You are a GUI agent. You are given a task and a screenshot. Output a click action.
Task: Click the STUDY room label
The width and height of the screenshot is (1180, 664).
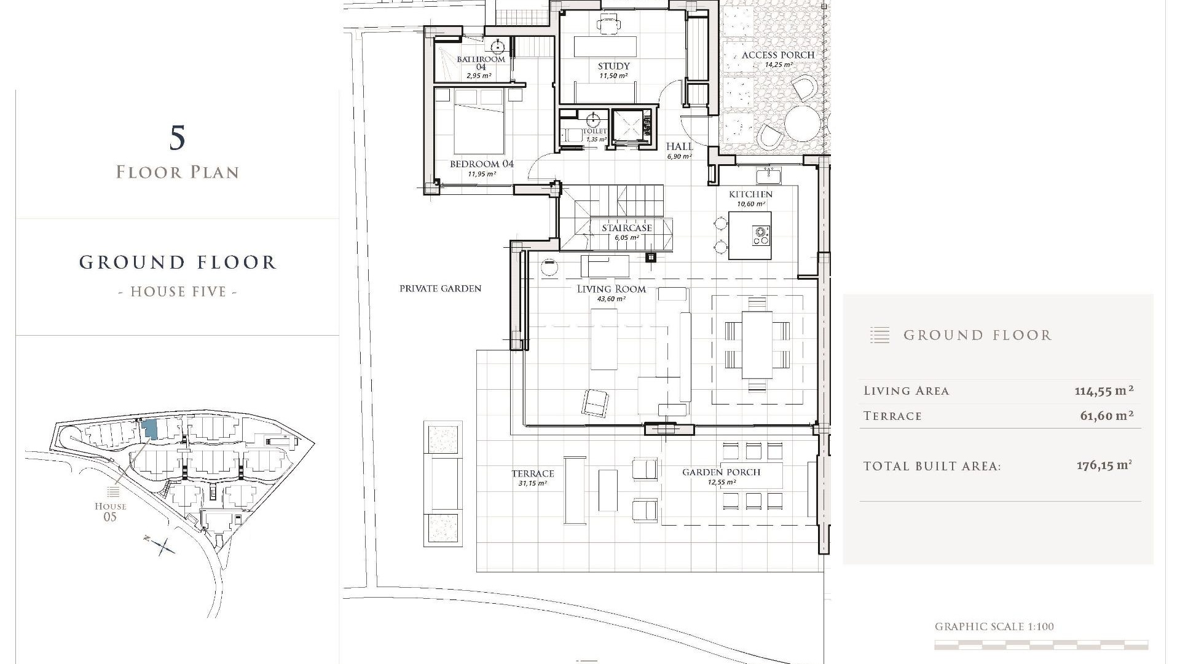pos(614,66)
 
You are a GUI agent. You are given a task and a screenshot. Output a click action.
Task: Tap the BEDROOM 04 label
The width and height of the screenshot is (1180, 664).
pos(482,164)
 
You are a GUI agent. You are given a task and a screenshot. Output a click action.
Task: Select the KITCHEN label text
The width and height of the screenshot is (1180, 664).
pos(750,194)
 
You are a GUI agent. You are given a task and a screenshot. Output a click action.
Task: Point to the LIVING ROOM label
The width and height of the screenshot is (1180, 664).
pos(612,289)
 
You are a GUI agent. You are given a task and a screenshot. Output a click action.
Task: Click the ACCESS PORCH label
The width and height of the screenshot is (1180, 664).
pos(778,55)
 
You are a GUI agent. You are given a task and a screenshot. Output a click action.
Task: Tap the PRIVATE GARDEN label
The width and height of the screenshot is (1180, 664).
pos(441,288)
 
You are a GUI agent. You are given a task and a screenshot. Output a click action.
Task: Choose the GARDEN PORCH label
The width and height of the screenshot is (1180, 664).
pos(722,472)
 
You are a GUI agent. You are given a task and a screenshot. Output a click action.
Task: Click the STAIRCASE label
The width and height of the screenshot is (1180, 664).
pos(627,228)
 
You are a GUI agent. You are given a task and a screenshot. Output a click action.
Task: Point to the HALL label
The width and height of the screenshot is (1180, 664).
pos(680,146)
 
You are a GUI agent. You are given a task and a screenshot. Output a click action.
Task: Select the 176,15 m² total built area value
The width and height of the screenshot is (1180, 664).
pos(1104,465)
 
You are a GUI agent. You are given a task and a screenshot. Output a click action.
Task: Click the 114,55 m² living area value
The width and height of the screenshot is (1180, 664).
pos(1104,390)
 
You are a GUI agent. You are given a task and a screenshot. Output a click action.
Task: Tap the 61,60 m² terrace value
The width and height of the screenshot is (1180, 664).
pos(1107,416)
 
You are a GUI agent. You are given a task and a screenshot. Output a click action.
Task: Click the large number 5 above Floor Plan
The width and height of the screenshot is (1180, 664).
pos(177,138)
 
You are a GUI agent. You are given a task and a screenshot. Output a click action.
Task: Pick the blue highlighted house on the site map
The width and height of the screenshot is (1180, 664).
pos(149,429)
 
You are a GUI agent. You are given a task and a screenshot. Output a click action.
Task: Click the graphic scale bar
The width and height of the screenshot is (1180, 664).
pos(1041,645)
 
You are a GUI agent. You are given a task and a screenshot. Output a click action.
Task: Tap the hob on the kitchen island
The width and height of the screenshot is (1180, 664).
pos(761,235)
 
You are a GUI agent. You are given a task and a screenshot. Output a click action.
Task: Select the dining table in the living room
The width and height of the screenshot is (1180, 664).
pos(757,344)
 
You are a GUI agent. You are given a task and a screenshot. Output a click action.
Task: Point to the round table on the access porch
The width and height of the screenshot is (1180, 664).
pos(802,122)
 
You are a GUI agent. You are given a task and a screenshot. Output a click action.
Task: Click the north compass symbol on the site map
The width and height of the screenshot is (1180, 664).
pos(162,545)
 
